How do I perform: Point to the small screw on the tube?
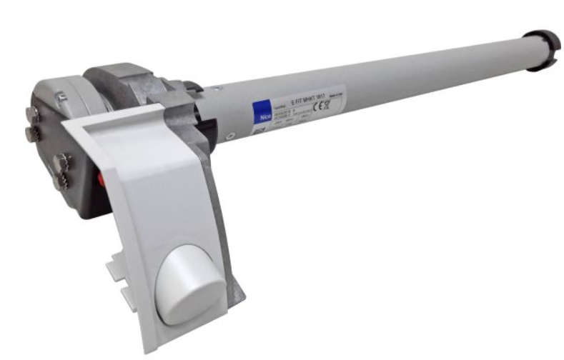[230, 134]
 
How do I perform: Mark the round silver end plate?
[54, 143]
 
